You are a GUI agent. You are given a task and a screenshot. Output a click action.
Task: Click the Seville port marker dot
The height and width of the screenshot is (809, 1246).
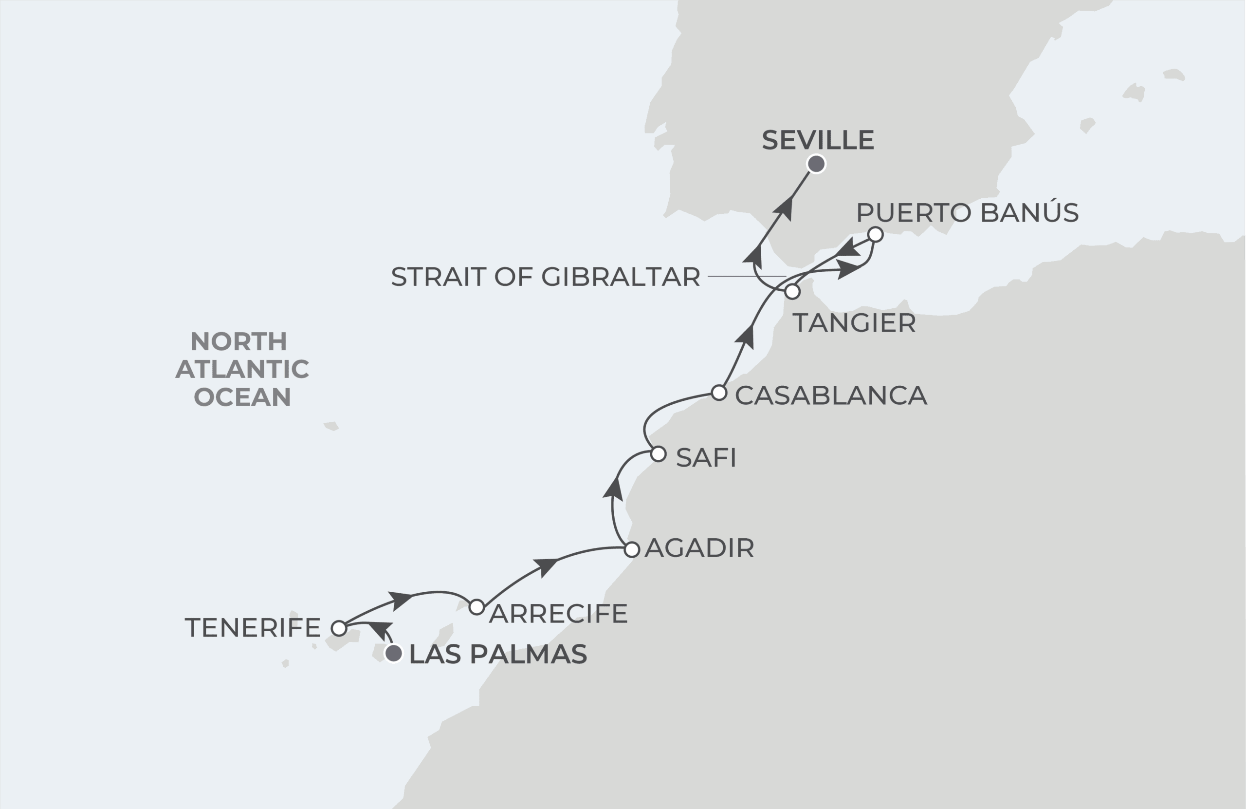pyautogui.click(x=816, y=164)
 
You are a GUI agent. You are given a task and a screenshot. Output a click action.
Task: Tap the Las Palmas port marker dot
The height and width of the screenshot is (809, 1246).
pyautogui.click(x=394, y=653)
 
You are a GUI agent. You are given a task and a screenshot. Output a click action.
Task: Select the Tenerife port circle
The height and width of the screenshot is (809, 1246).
pyautogui.click(x=339, y=628)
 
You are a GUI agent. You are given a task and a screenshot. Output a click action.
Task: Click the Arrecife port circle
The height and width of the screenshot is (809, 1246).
pyautogui.click(x=476, y=607)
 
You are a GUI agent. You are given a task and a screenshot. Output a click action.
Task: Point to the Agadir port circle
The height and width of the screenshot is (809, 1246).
pyautogui.click(x=632, y=549)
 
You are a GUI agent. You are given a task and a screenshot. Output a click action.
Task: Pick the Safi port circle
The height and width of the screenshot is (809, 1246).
pyautogui.click(x=659, y=454)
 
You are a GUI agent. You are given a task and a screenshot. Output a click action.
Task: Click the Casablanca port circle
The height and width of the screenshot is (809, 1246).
pyautogui.click(x=719, y=392)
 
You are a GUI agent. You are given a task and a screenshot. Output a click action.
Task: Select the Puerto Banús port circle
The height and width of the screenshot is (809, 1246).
pyautogui.click(x=875, y=234)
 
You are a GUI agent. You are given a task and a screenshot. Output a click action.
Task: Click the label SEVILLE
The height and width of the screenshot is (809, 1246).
pyautogui.click(x=818, y=140)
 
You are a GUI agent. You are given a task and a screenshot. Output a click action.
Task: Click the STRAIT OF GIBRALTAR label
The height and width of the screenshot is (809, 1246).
pyautogui.click(x=545, y=277)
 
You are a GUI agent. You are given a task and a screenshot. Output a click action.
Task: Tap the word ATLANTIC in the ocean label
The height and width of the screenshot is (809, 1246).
pyautogui.click(x=242, y=369)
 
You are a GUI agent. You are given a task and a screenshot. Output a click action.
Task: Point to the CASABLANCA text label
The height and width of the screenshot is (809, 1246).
pyautogui.click(x=831, y=395)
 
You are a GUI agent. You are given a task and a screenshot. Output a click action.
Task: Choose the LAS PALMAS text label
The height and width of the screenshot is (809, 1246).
pyautogui.click(x=498, y=655)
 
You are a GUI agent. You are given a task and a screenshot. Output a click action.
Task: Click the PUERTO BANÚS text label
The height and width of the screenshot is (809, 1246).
pyautogui.click(x=967, y=213)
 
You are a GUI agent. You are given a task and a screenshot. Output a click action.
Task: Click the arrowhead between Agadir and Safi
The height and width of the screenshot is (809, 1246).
pyautogui.click(x=614, y=489)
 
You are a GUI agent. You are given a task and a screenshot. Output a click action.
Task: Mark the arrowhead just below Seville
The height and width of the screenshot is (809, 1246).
pyautogui.click(x=784, y=208)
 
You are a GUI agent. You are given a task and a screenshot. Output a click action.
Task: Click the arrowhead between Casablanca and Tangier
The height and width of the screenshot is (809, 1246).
pyautogui.click(x=747, y=337)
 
